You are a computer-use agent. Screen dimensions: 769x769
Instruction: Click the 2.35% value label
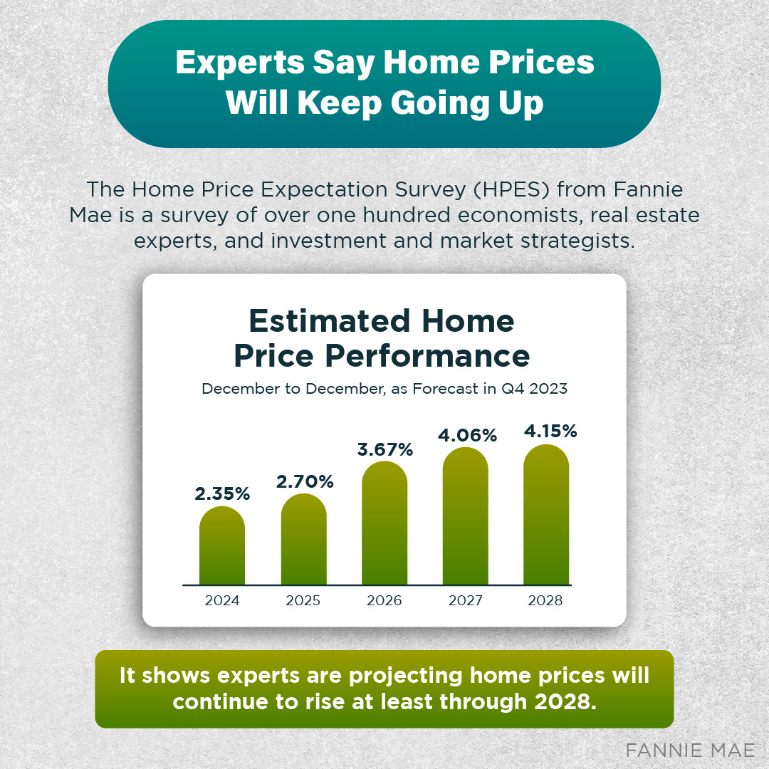(x=222, y=493)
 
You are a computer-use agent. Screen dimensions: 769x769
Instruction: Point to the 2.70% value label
(x=305, y=481)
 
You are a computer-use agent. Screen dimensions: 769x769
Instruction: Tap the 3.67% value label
(x=384, y=449)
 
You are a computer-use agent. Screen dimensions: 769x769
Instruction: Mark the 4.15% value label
(x=548, y=431)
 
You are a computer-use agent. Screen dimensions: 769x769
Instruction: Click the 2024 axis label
(x=222, y=600)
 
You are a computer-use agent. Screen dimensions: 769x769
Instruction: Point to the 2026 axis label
(x=384, y=600)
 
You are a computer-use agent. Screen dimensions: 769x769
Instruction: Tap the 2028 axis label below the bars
(x=545, y=600)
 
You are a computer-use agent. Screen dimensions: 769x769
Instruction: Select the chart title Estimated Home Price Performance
(x=382, y=338)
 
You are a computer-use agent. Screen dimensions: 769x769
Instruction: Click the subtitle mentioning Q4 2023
(x=384, y=389)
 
